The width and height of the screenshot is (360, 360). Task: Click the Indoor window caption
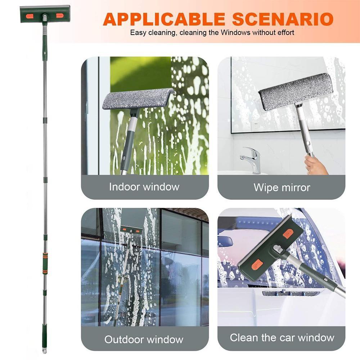click(144, 187)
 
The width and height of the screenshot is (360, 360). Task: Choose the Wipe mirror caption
click(282, 188)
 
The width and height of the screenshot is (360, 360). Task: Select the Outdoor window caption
click(144, 339)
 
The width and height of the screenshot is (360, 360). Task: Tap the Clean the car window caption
click(282, 338)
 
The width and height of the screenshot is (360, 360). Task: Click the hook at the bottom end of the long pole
click(44, 350)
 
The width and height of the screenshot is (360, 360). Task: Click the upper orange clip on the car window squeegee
click(288, 234)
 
